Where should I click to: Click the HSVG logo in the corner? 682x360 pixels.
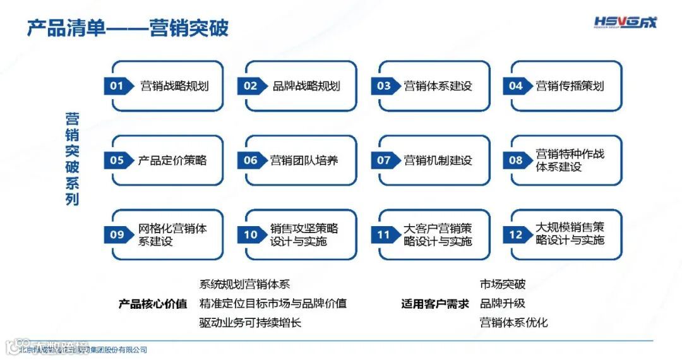(x=625, y=23)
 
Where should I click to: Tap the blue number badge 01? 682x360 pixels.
(x=117, y=86)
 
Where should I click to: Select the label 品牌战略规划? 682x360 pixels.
(x=306, y=86)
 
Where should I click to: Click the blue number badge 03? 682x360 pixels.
(x=384, y=86)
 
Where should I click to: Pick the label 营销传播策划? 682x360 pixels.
(x=570, y=86)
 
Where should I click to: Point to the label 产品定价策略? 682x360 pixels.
(x=172, y=160)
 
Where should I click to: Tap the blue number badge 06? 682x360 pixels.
(x=251, y=160)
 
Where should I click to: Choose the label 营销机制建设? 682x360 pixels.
(x=438, y=160)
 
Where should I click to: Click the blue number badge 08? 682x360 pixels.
(x=516, y=160)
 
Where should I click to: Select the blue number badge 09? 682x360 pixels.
(x=117, y=235)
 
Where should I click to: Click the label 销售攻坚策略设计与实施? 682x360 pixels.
(x=304, y=234)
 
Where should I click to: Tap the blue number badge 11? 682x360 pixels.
(x=384, y=235)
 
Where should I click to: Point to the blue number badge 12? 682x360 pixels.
(x=516, y=235)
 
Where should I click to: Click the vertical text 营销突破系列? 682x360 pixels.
(x=73, y=159)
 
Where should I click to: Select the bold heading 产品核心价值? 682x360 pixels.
(x=153, y=304)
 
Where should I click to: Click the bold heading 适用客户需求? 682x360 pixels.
(x=435, y=304)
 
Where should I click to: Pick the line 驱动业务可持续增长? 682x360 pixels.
(x=250, y=323)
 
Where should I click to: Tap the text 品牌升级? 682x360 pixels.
(x=502, y=304)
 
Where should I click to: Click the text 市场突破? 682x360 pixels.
(x=502, y=285)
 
